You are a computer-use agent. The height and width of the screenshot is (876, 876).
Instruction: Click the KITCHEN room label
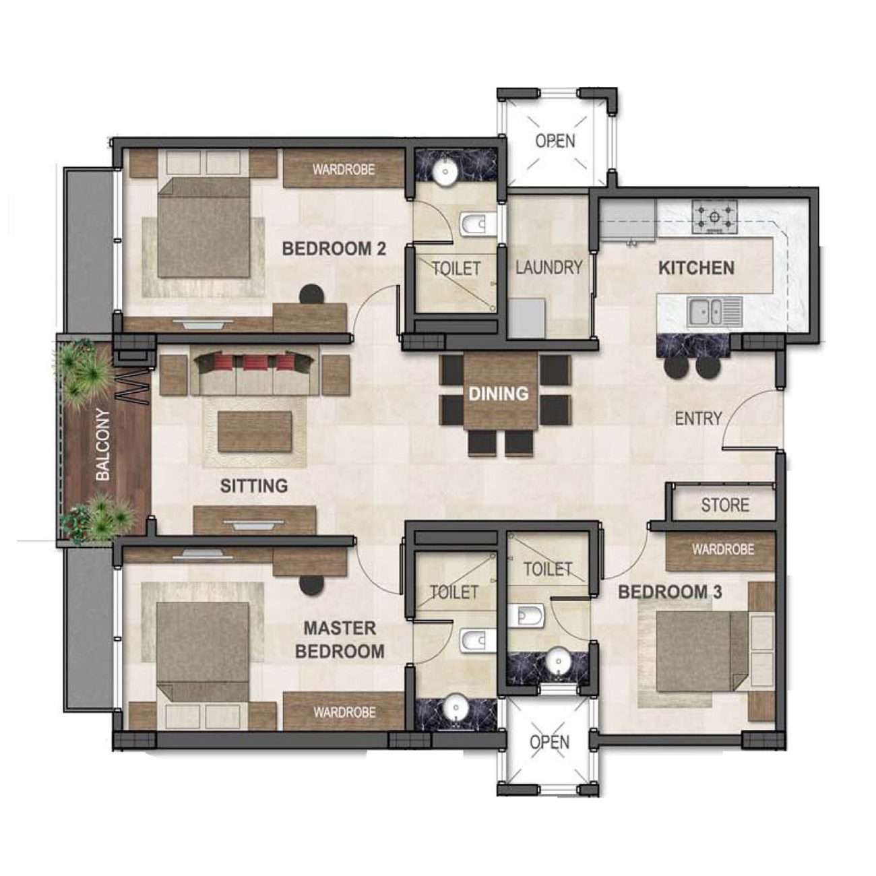click(696, 268)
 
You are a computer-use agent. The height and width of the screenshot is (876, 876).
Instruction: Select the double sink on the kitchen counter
click(714, 311)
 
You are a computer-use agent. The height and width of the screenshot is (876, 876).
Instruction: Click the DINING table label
click(498, 394)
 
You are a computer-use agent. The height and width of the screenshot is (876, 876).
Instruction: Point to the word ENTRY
click(698, 418)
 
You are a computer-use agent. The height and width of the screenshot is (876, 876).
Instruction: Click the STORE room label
click(725, 505)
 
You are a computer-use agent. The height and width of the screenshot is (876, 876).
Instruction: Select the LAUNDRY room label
click(549, 268)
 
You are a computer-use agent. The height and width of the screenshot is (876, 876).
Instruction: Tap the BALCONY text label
click(102, 445)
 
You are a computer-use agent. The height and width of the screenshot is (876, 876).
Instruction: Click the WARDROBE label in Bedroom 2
click(343, 169)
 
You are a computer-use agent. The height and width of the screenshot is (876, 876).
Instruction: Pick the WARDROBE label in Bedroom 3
click(722, 550)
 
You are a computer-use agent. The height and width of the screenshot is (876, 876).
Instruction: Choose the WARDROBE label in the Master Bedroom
click(344, 712)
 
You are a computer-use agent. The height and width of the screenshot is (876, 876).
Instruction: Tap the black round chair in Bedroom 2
click(311, 294)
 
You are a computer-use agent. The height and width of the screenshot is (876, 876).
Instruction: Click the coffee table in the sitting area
click(255, 432)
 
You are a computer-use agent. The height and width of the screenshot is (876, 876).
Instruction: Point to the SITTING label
click(254, 486)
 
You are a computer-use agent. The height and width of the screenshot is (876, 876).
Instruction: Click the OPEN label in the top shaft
click(555, 141)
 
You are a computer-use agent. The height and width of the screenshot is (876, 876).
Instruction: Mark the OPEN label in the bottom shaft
click(549, 742)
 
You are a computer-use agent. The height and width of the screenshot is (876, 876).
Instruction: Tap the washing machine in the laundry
click(526, 318)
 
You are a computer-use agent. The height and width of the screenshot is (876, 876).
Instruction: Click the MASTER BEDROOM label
click(340, 639)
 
